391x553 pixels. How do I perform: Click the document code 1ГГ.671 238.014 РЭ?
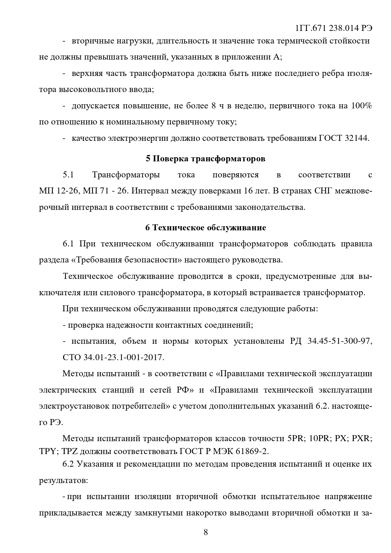(x=334, y=28)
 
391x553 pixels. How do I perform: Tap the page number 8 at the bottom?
(x=205, y=532)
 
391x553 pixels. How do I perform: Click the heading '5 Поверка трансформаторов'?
(x=205, y=158)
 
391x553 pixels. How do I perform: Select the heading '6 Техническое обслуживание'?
(x=205, y=228)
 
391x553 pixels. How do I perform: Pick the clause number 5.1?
(x=68, y=175)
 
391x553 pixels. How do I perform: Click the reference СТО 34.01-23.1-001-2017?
(x=113, y=358)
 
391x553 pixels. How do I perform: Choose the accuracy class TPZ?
(x=69, y=451)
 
